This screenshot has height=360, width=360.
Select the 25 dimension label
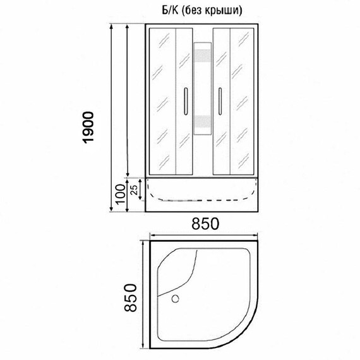(x=134, y=189)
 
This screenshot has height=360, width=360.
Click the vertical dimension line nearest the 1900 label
(x=112, y=120)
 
